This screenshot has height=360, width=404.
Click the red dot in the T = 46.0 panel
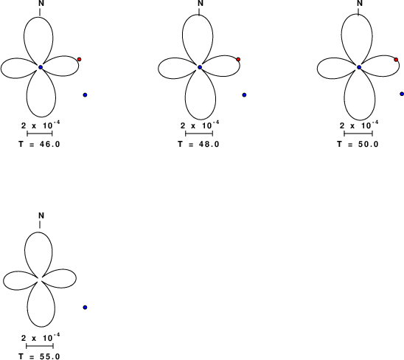80,59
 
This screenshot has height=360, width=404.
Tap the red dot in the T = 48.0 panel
238,60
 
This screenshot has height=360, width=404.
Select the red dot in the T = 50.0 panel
396,60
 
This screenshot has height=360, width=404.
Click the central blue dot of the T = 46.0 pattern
41,67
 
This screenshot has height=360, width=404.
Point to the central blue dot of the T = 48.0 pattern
200,67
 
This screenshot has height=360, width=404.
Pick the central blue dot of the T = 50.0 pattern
359,67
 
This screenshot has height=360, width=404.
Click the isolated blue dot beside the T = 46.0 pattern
85,95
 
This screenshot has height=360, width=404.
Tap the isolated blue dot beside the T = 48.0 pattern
244,95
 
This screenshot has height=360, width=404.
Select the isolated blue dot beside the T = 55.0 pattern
85,307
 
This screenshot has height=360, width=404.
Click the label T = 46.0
39,144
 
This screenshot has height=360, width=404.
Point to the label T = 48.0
198,144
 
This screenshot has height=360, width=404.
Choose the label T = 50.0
358,144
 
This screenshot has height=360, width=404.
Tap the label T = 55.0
39,356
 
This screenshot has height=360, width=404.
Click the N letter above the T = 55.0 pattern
41,215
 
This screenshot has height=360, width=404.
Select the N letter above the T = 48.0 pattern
201,3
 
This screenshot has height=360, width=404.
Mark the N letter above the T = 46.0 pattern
41,3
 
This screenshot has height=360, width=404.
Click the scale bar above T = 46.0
40,134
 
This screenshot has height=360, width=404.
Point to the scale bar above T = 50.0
358,134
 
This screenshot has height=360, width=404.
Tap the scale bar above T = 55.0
40,346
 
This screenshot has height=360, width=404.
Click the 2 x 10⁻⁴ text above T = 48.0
200,125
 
